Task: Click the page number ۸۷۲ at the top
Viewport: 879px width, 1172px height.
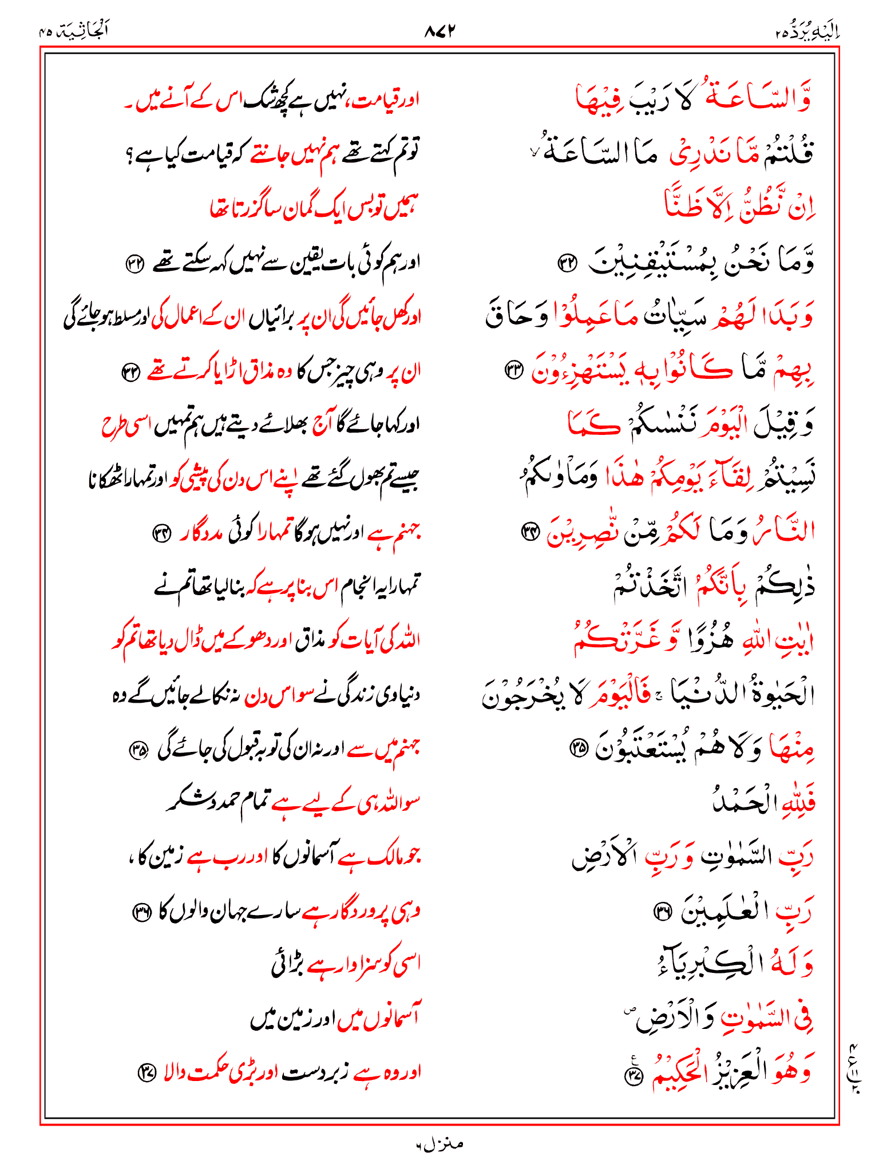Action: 439,31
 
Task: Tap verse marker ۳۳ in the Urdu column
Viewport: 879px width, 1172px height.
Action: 130,373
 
